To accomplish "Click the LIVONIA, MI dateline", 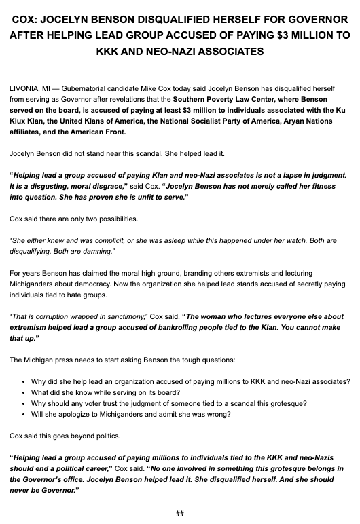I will click(x=35, y=88).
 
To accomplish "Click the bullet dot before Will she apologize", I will click(x=24, y=414).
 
